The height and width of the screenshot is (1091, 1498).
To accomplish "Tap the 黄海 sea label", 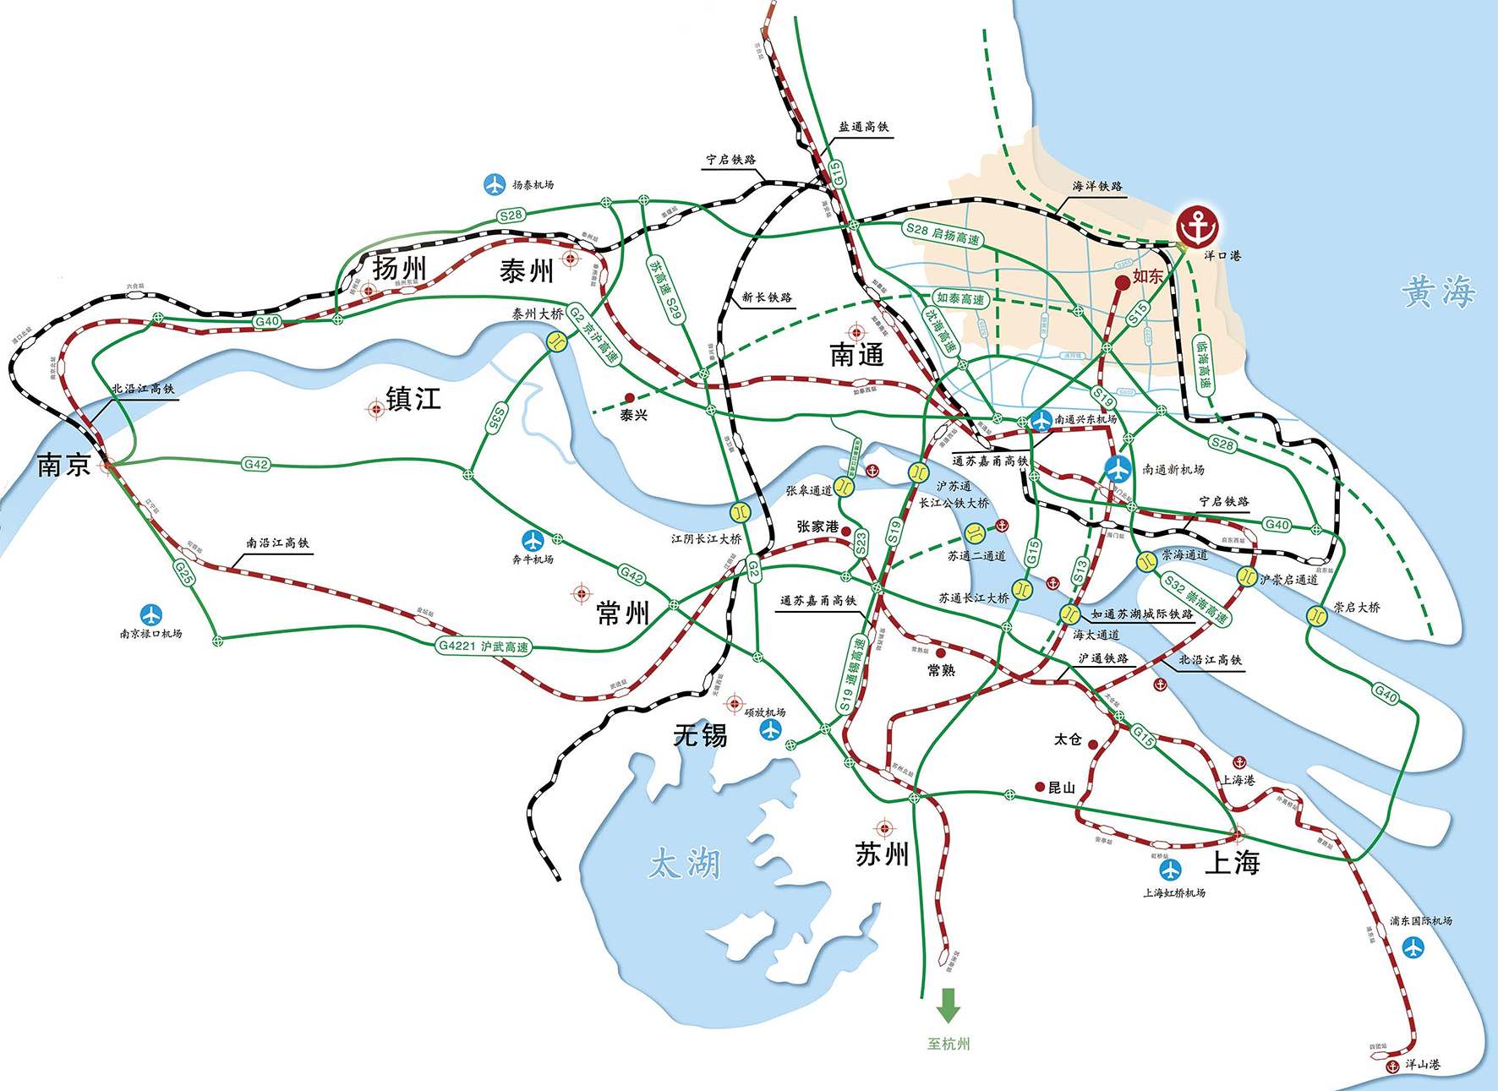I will [x=1438, y=292].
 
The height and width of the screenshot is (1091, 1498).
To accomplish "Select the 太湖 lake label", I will [x=685, y=864].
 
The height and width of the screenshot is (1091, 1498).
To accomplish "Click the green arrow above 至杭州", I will [x=948, y=1005].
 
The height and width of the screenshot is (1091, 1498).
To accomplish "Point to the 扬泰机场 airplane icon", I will [x=494, y=184].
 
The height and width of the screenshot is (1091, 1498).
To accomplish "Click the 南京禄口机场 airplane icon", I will [x=150, y=614].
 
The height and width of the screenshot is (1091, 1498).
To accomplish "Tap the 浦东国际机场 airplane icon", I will [x=1413, y=947].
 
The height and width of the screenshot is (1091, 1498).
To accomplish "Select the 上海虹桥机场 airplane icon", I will [x=1170, y=870].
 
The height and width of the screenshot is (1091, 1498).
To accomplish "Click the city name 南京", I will [x=63, y=465].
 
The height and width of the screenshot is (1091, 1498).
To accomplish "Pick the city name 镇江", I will [x=413, y=398].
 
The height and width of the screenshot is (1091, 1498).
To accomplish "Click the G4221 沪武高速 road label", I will [x=484, y=646].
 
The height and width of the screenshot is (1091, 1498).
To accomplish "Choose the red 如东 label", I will [x=1147, y=276].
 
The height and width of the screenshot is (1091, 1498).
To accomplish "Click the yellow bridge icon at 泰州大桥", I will [x=556, y=341].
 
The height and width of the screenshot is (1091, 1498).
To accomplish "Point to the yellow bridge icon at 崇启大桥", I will [x=1316, y=615].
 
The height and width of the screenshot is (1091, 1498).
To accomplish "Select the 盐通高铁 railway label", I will [x=863, y=127].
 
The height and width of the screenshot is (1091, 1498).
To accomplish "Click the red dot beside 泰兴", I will [x=629, y=397].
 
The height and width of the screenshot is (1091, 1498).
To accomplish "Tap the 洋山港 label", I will [x=1423, y=1065].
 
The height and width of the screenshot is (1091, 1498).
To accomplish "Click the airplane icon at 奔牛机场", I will [x=533, y=539].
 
